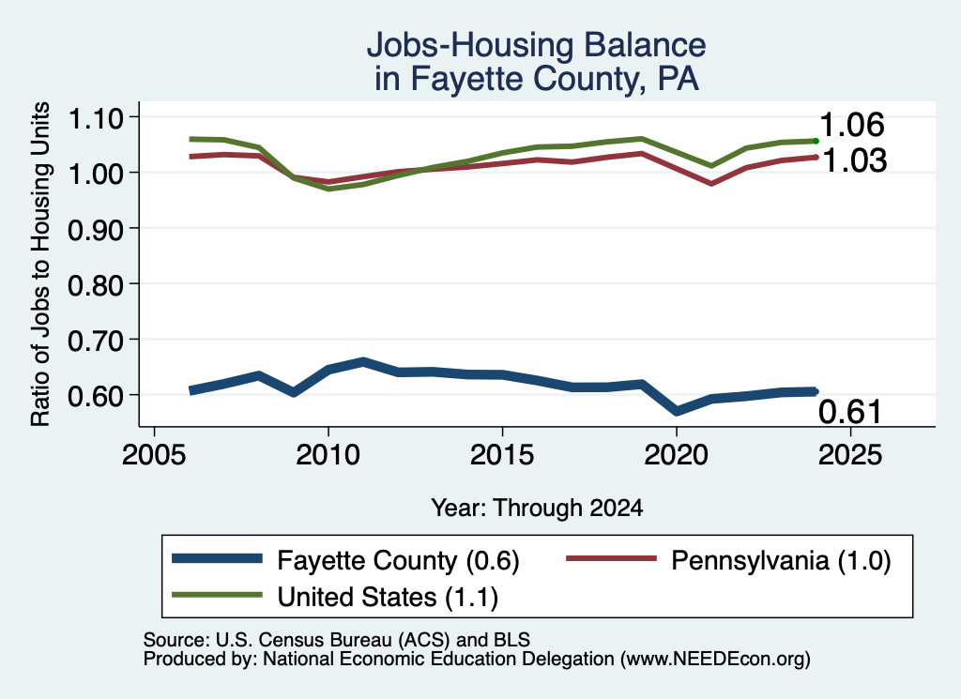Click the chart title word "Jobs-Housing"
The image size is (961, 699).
pos(470,45)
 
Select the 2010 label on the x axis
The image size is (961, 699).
pos(328,454)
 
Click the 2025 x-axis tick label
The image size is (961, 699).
pos(850,454)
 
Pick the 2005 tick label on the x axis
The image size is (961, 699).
pos(155,454)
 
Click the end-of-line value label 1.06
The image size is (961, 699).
pos(852,125)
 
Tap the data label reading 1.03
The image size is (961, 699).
pos(854,160)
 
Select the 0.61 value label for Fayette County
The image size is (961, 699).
pos(850,412)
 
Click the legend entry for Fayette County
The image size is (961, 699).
pos(398,560)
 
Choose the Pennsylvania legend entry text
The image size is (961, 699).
pos(781,560)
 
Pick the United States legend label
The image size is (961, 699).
pos(388,597)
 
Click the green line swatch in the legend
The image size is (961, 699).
pos(217,595)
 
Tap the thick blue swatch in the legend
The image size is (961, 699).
pos(217,558)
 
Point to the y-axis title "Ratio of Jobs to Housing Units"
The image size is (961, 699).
pos(40,264)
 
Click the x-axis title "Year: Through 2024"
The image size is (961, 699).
pos(537,508)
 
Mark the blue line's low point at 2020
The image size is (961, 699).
pos(676,410)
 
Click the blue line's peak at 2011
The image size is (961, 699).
pos(363,362)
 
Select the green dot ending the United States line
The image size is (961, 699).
pos(816,141)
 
